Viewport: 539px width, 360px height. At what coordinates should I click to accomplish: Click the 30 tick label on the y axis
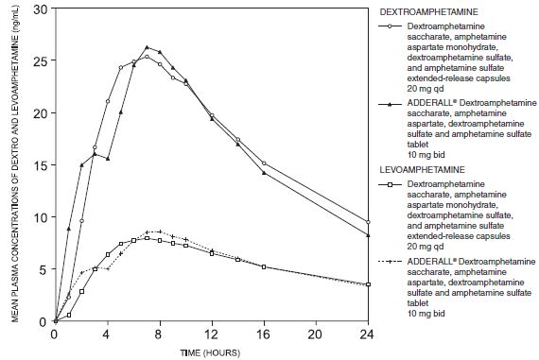coord(39,9)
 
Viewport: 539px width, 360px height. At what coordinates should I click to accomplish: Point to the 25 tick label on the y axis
coord(39,60)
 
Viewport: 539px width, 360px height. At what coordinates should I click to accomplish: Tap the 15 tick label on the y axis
coord(39,165)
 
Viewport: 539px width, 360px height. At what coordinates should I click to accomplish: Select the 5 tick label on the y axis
coord(42,269)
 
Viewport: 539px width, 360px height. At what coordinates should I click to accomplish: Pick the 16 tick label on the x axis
coord(264,334)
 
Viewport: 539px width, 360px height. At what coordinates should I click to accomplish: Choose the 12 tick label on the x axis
coord(212,334)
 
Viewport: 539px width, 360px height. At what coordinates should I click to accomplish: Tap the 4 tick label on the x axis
coord(108,334)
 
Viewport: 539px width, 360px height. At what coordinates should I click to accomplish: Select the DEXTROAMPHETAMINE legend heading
coord(427,11)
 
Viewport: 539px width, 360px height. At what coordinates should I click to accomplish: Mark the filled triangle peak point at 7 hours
coord(147,47)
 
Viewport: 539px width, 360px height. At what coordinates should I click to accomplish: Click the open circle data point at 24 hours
coord(368,222)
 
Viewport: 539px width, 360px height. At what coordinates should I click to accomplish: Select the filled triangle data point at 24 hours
coord(368,235)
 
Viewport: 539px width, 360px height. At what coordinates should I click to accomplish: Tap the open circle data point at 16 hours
coord(264,163)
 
